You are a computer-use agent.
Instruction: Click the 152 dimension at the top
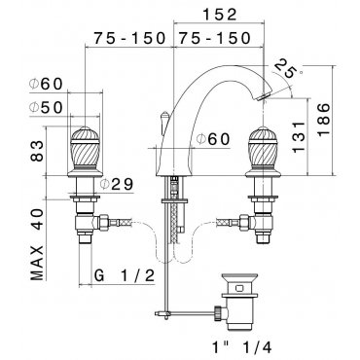pyautogui.click(x=220, y=15)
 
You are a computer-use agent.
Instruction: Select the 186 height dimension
pyautogui.click(x=323, y=120)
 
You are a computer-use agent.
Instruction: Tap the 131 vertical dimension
pyautogui.click(x=298, y=137)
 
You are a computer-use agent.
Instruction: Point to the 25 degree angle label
pyautogui.click(x=285, y=68)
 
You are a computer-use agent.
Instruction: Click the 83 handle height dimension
pyautogui.click(x=37, y=151)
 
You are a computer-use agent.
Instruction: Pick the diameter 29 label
pyautogui.click(x=117, y=185)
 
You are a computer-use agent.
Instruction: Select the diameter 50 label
pyautogui.click(x=46, y=107)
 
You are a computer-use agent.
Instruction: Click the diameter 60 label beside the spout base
pyautogui.click(x=213, y=139)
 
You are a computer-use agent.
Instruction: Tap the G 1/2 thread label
pyautogui.click(x=125, y=276)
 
